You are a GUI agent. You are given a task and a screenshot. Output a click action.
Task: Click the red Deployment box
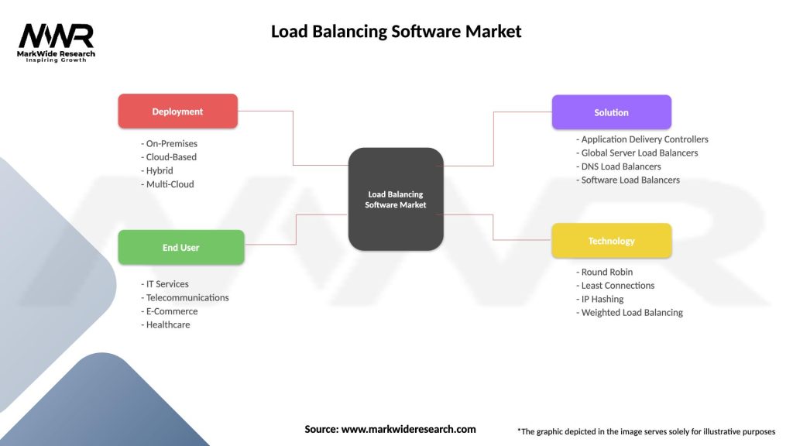tap(177, 111)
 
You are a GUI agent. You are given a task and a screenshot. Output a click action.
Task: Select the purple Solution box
tap(611, 112)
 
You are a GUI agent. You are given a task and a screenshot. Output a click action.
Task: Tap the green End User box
tap(180, 248)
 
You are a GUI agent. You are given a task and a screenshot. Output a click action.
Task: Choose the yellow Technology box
tap(611, 241)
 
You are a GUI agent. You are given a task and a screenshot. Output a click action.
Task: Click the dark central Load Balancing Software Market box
tap(396, 199)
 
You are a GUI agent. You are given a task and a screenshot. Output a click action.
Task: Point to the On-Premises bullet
tap(170, 143)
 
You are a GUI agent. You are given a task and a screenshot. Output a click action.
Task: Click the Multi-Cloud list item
tap(168, 184)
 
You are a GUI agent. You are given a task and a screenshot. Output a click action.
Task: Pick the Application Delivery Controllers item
tap(643, 139)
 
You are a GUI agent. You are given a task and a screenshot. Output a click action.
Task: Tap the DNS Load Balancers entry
tap(619, 166)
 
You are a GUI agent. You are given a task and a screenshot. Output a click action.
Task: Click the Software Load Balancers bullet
tap(628, 180)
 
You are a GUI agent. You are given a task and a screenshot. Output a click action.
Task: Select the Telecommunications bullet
tap(185, 297)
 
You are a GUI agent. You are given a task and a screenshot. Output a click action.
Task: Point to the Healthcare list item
tap(166, 324)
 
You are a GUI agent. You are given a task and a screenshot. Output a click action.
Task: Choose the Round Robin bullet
tap(605, 272)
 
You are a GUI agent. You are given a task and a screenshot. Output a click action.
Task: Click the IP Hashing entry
tap(600, 299)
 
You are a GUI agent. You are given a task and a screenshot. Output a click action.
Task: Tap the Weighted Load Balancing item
tap(630, 313)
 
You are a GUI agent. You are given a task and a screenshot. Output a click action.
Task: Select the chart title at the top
tap(396, 32)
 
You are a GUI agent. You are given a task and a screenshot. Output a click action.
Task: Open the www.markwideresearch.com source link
tap(408, 429)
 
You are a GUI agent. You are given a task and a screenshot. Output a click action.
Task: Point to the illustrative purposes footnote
tap(646, 431)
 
